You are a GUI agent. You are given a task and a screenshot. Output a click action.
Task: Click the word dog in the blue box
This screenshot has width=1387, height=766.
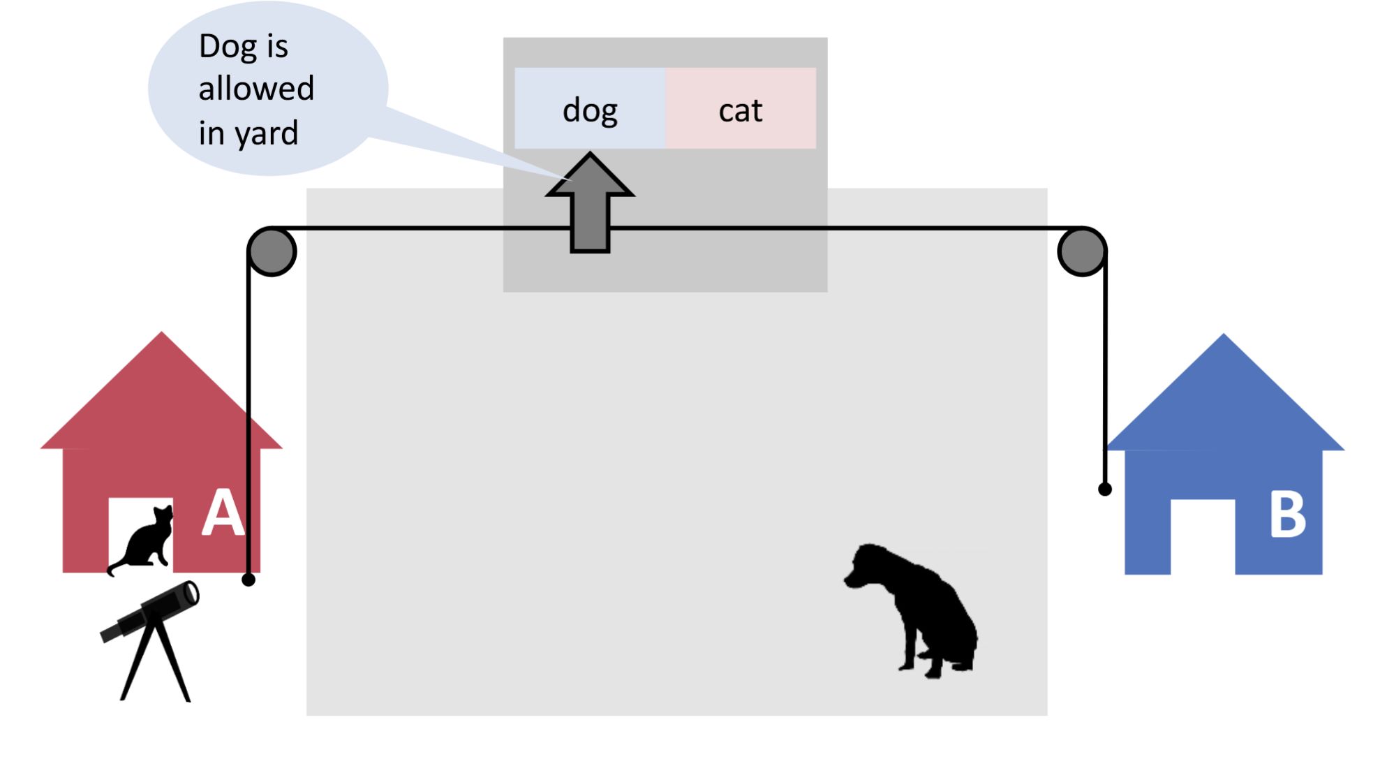point(590,111)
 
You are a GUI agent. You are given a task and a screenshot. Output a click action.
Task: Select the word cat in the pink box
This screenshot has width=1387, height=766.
point(740,111)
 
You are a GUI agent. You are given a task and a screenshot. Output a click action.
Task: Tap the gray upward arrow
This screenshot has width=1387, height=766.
point(590,202)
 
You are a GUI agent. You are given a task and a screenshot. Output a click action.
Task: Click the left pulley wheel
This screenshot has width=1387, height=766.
point(272,251)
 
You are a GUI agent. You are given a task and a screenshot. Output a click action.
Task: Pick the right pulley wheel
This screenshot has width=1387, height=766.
point(1081,251)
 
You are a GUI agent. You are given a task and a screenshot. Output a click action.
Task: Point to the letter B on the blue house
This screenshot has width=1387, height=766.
point(1286,515)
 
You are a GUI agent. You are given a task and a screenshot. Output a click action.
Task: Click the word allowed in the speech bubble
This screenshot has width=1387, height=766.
point(256,89)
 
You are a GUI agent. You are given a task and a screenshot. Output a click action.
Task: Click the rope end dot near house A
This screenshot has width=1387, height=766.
point(249,580)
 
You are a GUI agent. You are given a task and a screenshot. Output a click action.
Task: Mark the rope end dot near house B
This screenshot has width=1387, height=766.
point(1104,489)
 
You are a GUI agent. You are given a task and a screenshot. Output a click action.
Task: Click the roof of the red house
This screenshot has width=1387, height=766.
point(162,398)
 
